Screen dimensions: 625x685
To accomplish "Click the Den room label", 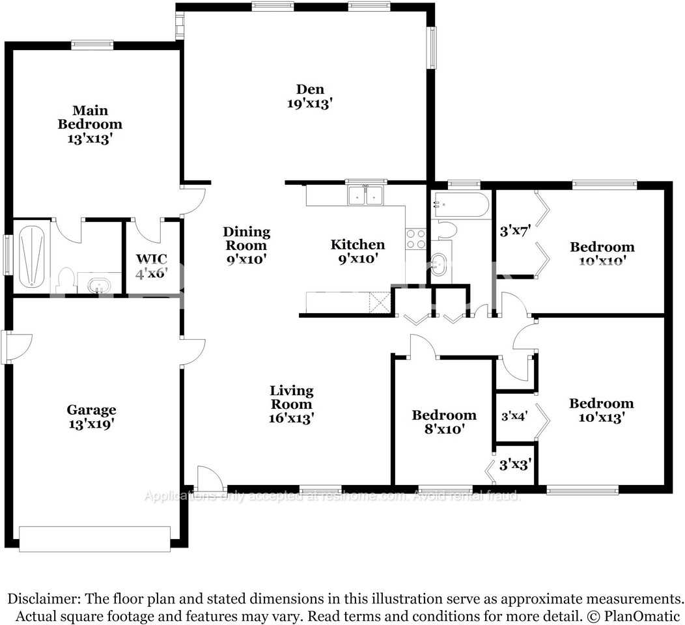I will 310,89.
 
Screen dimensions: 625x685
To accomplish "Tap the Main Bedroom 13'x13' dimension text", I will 90,138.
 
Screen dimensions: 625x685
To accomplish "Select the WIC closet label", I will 152,259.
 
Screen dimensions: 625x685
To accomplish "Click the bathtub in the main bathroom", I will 31,255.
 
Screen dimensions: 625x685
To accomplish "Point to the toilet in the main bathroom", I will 64,280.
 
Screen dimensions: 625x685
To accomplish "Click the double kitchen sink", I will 365,195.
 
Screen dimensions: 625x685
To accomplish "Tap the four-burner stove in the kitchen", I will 415,239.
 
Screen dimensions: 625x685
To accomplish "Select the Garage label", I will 91,410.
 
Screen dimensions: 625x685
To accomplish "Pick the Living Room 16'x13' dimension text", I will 292,418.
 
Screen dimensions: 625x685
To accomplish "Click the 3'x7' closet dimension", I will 511,230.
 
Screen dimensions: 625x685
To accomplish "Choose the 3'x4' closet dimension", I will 514,415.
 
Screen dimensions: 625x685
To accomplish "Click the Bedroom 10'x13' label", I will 601,417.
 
